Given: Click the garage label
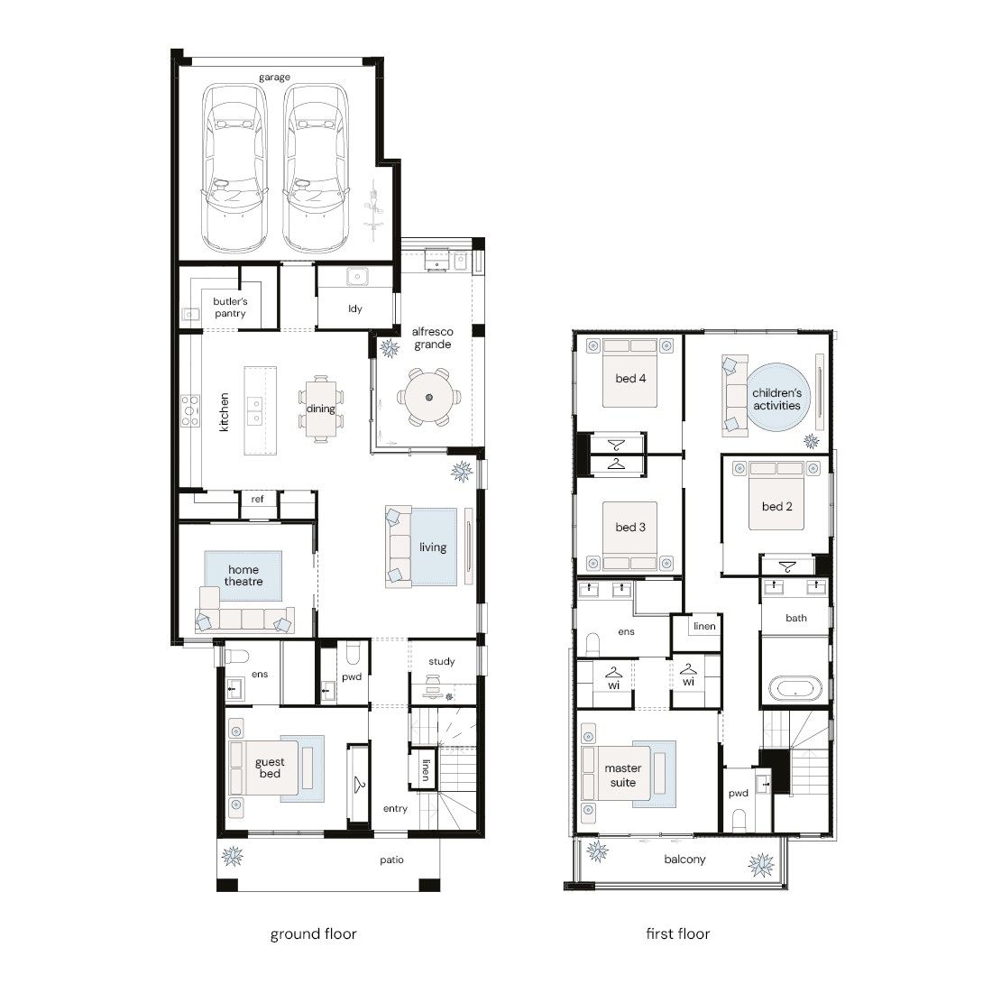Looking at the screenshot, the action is coord(274,78).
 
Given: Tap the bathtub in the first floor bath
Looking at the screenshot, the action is coord(795,688).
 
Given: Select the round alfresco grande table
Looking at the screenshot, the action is coord(429,398).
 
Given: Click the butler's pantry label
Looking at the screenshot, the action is coord(230,308).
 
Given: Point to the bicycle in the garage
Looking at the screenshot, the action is coord(374,211).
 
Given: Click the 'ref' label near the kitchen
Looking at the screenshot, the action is coord(257,499).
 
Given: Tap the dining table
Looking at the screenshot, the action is coord(321,409).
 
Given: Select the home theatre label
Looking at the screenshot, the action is coord(243,575).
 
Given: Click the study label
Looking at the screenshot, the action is coord(441,661).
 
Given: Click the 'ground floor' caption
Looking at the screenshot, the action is coord(313,934).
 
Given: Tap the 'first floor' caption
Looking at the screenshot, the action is coord(677,933).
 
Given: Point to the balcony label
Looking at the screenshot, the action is coord(684,860).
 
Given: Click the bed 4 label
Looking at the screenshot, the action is coord(630,378).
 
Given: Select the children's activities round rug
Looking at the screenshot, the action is coord(777,398).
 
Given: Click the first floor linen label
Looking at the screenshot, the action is coord(704,626).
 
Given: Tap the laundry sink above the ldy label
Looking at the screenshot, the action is coord(357,277).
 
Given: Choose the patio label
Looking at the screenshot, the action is coord(391,860).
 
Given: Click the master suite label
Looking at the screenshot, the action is coord(623,775).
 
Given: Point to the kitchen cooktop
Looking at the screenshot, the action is coord(190,410).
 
